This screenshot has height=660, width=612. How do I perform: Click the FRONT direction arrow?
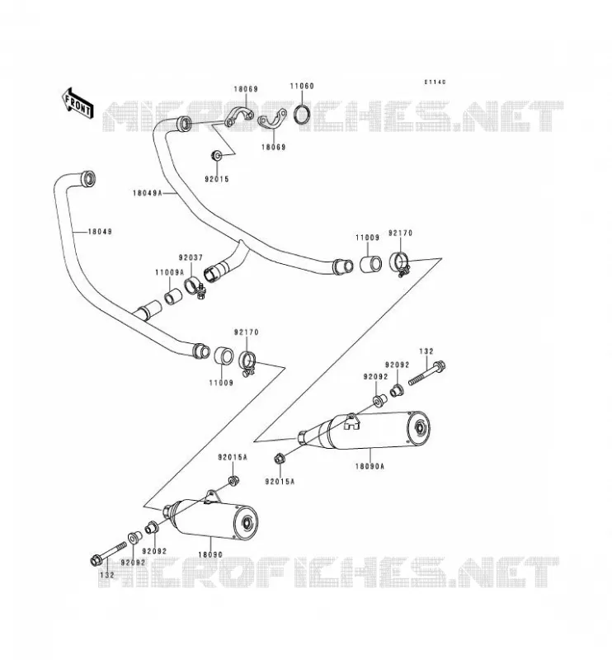click(x=78, y=104)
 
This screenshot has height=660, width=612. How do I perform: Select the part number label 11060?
click(x=302, y=86)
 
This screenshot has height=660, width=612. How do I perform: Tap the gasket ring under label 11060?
click(x=302, y=114)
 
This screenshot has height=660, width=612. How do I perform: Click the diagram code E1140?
click(x=435, y=82)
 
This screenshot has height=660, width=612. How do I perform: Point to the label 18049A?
click(x=148, y=193)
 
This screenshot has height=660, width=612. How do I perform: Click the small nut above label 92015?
click(x=216, y=155)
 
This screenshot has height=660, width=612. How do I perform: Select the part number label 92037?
click(x=191, y=257)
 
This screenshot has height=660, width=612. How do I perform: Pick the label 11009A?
click(x=170, y=272)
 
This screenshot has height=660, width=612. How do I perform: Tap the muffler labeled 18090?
click(x=210, y=519)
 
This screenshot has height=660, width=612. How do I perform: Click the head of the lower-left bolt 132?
click(x=96, y=560)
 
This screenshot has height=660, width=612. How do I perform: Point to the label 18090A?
click(x=370, y=466)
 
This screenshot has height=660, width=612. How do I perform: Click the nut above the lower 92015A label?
click(x=279, y=459)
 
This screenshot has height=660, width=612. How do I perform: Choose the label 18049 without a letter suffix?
click(x=100, y=232)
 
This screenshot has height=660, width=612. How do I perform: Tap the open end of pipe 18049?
click(x=88, y=178)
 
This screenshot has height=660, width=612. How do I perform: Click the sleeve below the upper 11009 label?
click(x=371, y=264)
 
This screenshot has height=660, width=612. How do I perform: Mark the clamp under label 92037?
click(x=195, y=288)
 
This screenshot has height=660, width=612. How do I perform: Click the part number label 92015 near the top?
click(x=217, y=179)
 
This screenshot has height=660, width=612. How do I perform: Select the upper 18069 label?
click(x=246, y=89)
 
